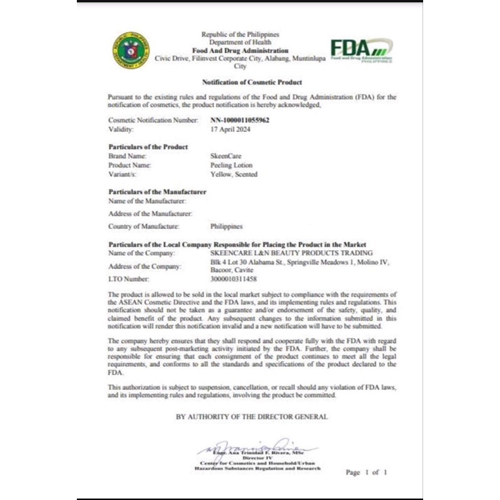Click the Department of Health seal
[131, 50]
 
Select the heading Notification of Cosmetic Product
[252, 82]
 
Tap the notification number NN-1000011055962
[240, 120]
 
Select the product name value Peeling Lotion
[232, 165]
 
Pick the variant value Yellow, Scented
[234, 174]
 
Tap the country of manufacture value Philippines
[227, 226]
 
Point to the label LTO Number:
[129, 279]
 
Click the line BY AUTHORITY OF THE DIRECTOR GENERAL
[251, 416]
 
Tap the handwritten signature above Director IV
[257, 446]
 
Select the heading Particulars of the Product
[148, 146]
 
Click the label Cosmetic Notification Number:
[153, 120]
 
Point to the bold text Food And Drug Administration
[240, 51]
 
